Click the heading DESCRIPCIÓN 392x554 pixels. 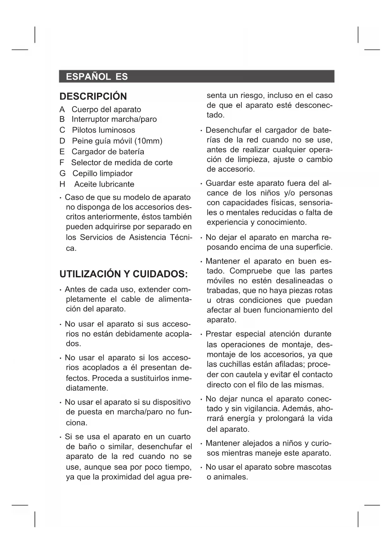point(93,96)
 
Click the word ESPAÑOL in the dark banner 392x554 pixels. point(88,77)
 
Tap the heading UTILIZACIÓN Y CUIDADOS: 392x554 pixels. point(124,274)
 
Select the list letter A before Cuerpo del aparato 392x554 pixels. point(62,110)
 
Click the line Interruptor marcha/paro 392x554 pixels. point(114,119)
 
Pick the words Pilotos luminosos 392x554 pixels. point(103,130)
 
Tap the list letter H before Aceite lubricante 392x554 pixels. point(62,184)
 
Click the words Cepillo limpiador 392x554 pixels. point(102,173)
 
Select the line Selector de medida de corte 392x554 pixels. point(122,163)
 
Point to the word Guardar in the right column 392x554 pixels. point(220,183)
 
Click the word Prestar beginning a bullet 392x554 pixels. point(220,334)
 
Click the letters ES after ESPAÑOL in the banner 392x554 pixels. point(122,77)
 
